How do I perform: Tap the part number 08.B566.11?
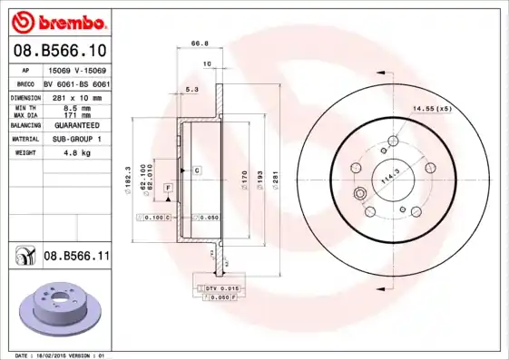point(76,257)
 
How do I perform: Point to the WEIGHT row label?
point(24,153)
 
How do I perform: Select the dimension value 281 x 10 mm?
point(74,96)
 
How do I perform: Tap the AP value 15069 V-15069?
point(74,69)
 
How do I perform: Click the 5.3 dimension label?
point(191,89)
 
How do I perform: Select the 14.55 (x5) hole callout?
point(432,109)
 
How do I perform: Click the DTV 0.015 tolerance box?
point(220,287)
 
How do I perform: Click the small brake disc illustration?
point(60,306)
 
